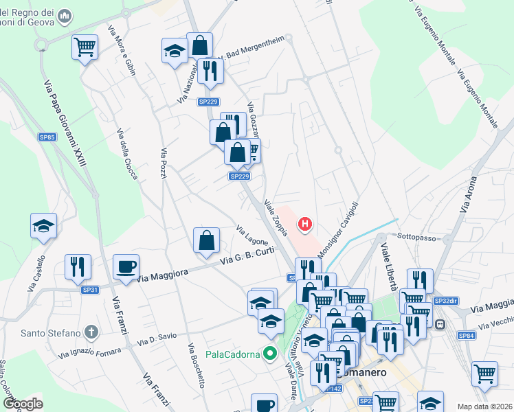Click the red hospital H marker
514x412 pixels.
pos(305,224)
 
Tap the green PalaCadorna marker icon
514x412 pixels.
pos(270,354)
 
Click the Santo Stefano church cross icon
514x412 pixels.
pos(92,333)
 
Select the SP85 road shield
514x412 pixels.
pos(47,137)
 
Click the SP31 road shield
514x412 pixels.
pos(91,290)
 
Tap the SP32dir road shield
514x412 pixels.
pos(446,301)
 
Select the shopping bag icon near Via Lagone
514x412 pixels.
pos(206,241)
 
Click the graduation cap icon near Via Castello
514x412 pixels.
pos(43,227)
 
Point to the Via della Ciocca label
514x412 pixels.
pos(127,154)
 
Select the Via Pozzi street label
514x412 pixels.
pos(164,165)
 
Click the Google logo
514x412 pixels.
pos(23,404)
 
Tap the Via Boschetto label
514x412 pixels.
pos(196,365)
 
